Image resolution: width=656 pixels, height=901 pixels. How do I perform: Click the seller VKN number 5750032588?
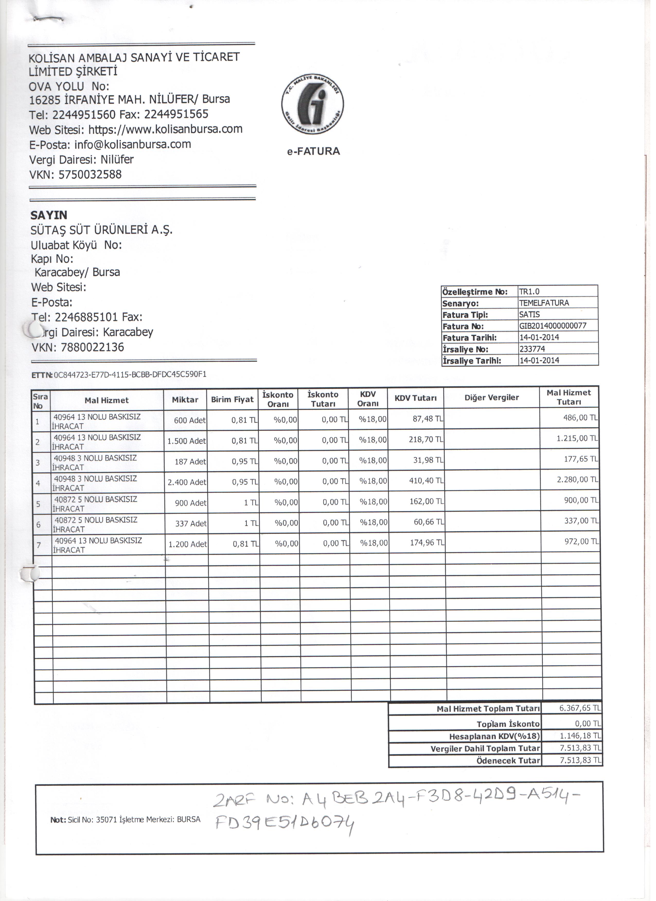91,176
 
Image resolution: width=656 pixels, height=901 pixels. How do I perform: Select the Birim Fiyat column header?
234,402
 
